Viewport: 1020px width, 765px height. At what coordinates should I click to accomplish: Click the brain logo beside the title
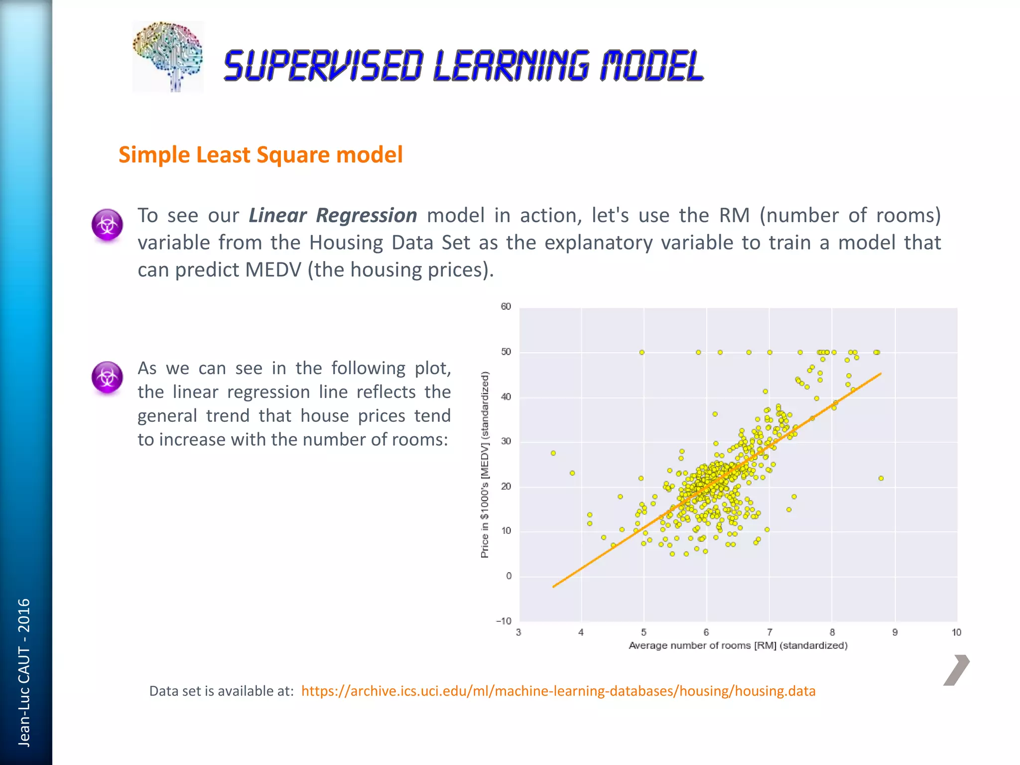pos(168,56)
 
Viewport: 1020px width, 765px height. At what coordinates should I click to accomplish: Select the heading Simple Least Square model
pos(260,154)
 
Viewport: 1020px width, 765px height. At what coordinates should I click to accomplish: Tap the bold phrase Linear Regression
pos(333,216)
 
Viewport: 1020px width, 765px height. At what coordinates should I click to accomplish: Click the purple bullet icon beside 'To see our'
pos(107,225)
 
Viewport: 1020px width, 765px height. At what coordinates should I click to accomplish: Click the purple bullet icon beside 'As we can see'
pos(107,377)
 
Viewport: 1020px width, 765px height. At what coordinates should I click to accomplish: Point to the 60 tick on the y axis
pos(506,307)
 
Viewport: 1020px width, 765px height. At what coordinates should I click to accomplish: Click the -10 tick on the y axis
pos(504,621)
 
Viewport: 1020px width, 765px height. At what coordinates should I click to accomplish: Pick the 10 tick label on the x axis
pos(956,633)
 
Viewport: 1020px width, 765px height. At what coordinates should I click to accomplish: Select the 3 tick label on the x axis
pos(518,633)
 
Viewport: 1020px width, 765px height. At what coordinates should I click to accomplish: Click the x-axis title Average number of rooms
pos(738,646)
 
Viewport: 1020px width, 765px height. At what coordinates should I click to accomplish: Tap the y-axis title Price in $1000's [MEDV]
pos(485,465)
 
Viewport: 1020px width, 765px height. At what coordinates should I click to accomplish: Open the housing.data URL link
pos(558,691)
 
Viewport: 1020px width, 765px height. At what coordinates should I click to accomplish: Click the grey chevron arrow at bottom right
pos(956,670)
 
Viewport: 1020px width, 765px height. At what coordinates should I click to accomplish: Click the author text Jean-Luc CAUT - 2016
pos(24,672)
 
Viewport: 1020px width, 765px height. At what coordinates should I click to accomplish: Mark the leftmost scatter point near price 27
pos(553,453)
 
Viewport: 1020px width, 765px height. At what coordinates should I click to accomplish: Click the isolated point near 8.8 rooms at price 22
pos(881,478)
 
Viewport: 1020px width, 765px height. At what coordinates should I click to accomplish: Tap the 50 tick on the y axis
pos(506,352)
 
